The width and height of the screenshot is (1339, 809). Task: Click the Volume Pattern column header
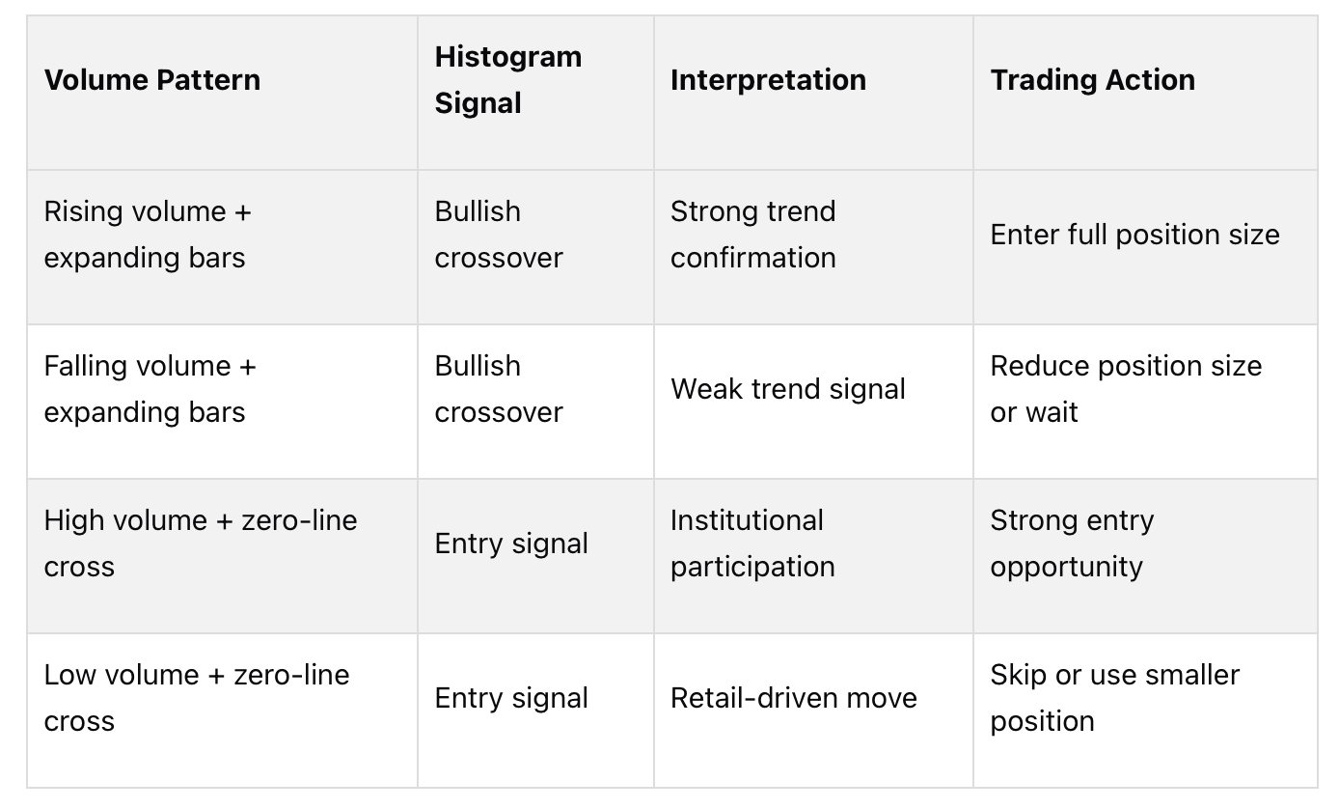tap(152, 79)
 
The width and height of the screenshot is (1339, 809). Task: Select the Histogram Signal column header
tap(507, 79)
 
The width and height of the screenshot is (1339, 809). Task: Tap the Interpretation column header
tap(768, 79)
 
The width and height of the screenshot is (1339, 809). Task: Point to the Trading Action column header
tap(1092, 79)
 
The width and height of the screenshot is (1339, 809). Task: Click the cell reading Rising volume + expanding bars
tap(147, 235)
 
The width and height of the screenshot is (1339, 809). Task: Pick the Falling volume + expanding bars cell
tap(150, 389)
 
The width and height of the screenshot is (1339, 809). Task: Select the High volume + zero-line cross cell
tap(200, 544)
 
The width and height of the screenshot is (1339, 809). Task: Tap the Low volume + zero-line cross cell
tap(196, 698)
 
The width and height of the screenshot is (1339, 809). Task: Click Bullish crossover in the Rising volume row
tap(498, 235)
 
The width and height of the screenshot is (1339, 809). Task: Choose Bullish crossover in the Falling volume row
tap(498, 389)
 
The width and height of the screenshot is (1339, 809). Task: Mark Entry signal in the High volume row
tap(511, 544)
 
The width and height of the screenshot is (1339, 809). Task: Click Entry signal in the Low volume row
tap(511, 698)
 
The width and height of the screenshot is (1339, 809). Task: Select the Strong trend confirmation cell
tap(752, 235)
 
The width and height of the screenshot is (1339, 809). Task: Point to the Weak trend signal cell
tap(787, 389)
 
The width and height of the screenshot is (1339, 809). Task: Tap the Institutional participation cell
tap(752, 544)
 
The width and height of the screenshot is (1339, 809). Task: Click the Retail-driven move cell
tap(793, 698)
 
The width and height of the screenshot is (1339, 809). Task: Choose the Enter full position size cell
tap(1134, 235)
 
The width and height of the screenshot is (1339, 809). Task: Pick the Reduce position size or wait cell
tap(1125, 389)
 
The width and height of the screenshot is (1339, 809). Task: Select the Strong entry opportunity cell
tap(1071, 544)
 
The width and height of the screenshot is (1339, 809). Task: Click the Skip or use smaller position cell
tap(1114, 698)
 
